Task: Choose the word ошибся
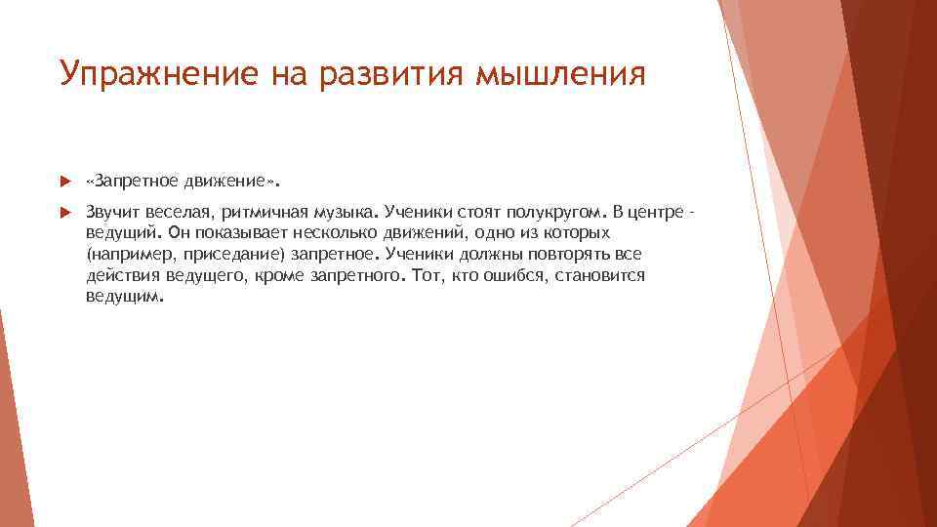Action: (497, 276)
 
